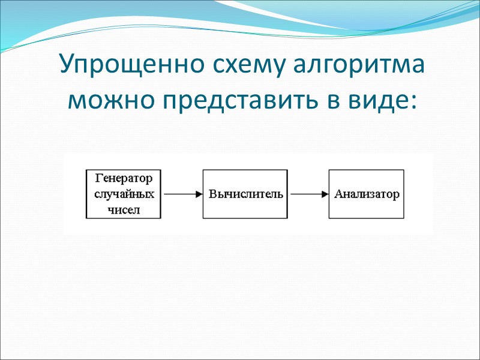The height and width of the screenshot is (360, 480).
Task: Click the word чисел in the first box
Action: pyautogui.click(x=124, y=210)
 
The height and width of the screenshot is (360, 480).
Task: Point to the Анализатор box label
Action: pyautogui.click(x=366, y=194)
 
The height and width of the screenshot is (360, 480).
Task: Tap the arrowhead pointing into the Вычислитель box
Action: pyautogui.click(x=199, y=194)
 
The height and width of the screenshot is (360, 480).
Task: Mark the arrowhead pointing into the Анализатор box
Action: pyautogui.click(x=325, y=194)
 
